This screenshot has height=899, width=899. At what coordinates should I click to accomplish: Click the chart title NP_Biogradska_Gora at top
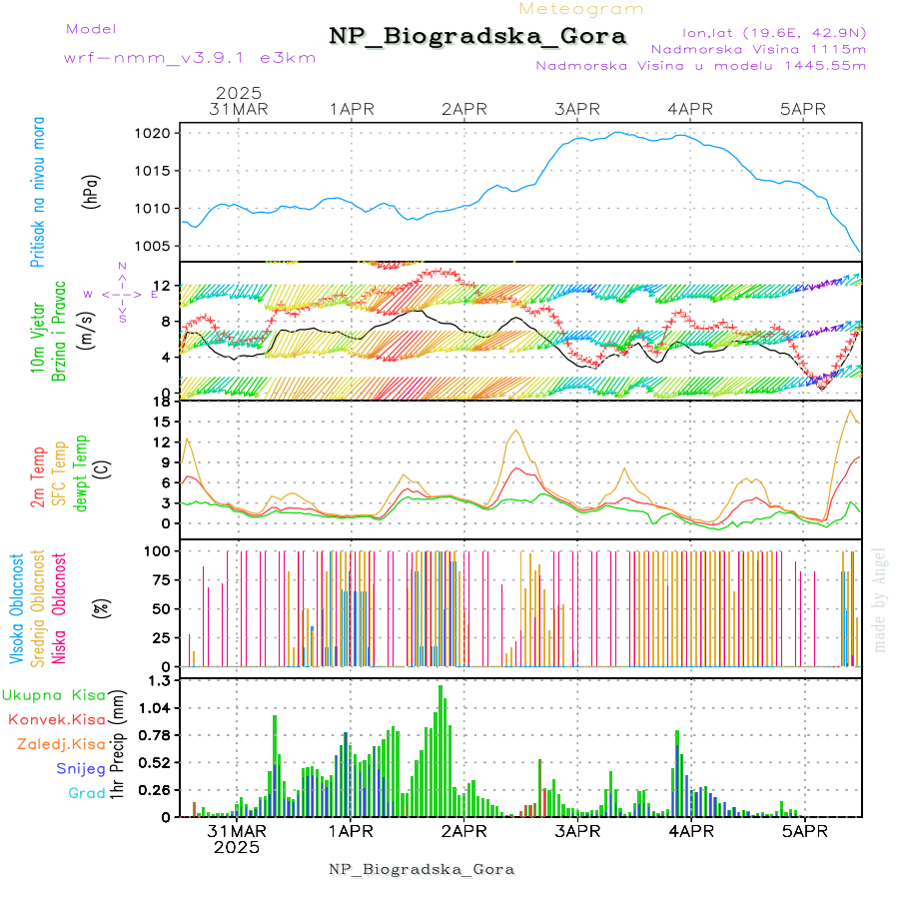(477, 37)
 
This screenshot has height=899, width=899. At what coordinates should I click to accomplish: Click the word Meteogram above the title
(582, 9)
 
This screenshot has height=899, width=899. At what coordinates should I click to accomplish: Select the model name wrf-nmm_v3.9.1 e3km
(190, 57)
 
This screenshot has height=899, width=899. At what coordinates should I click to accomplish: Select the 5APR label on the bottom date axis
(803, 831)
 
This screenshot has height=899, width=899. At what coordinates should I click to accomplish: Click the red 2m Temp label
(39, 478)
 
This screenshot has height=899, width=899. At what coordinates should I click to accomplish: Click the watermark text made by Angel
(880, 599)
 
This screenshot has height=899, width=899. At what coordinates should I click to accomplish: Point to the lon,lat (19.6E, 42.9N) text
(774, 33)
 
